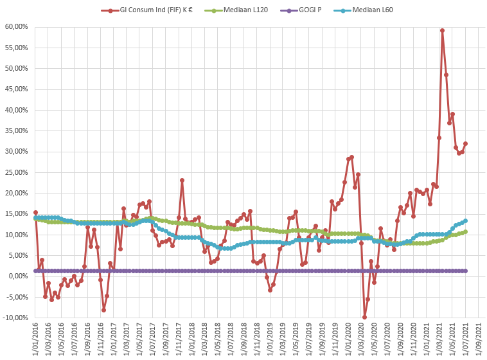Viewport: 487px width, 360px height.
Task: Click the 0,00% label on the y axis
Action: pyautogui.click(x=19, y=276)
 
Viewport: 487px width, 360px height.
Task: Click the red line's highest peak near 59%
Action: pyautogui.click(x=443, y=30)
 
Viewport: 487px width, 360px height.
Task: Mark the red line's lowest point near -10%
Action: pyautogui.click(x=364, y=318)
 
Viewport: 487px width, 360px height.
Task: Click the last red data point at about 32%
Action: pyautogui.click(x=465, y=143)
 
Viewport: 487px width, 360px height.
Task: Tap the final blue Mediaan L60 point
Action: pyautogui.click(x=465, y=221)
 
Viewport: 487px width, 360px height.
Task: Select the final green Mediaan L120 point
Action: pyautogui.click(x=465, y=231)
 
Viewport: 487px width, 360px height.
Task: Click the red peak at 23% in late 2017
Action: pyautogui.click(x=182, y=181)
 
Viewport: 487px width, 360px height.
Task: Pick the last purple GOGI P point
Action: pyautogui.click(x=465, y=271)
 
